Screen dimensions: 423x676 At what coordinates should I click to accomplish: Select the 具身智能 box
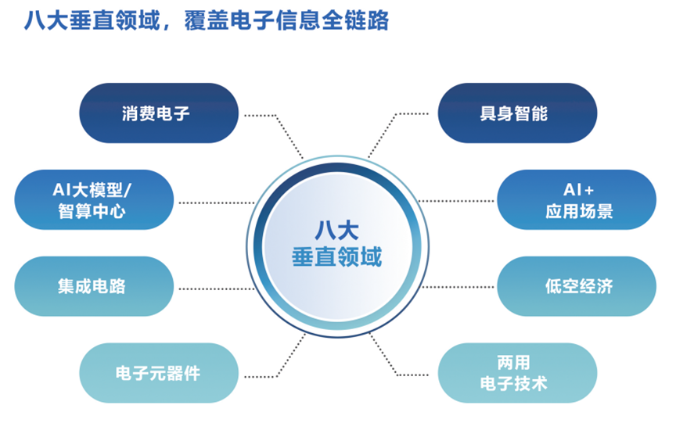coord(516,114)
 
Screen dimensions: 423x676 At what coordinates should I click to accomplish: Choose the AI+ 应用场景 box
coord(577,200)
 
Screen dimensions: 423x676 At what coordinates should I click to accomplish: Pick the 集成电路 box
coord(92,286)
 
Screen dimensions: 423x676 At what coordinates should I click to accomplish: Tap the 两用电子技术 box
coord(516,373)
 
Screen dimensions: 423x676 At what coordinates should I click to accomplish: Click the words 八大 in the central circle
coord(336,230)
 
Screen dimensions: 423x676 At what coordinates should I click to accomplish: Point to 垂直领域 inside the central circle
coord(336,256)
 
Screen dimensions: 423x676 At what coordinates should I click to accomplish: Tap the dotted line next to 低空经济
coord(462,287)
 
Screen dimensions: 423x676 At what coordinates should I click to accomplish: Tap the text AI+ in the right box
coord(577,190)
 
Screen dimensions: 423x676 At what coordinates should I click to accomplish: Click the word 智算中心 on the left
coord(92,211)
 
